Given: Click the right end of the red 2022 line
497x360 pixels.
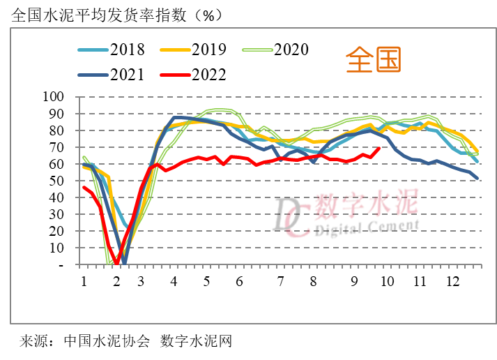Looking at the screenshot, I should [379, 148].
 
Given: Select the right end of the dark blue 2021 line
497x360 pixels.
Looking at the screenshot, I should [477, 179].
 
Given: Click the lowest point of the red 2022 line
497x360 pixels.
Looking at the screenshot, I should [117, 263].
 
